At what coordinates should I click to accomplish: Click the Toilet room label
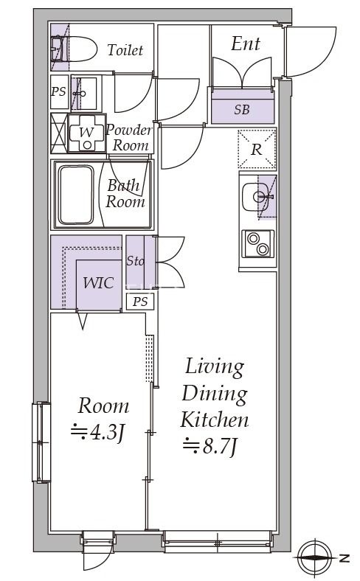click(125, 50)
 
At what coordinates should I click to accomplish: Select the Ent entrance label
click(245, 44)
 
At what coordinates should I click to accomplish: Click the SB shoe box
click(241, 110)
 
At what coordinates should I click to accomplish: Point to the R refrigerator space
click(257, 149)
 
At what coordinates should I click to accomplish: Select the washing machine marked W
click(86, 133)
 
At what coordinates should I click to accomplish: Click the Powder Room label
click(129, 138)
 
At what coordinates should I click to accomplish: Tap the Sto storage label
click(135, 261)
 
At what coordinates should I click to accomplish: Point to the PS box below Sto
click(139, 301)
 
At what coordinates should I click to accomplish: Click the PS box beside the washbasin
click(58, 92)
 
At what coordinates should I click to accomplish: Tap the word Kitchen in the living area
click(215, 420)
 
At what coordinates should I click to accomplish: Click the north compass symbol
click(317, 557)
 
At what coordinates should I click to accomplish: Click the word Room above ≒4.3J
click(103, 406)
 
